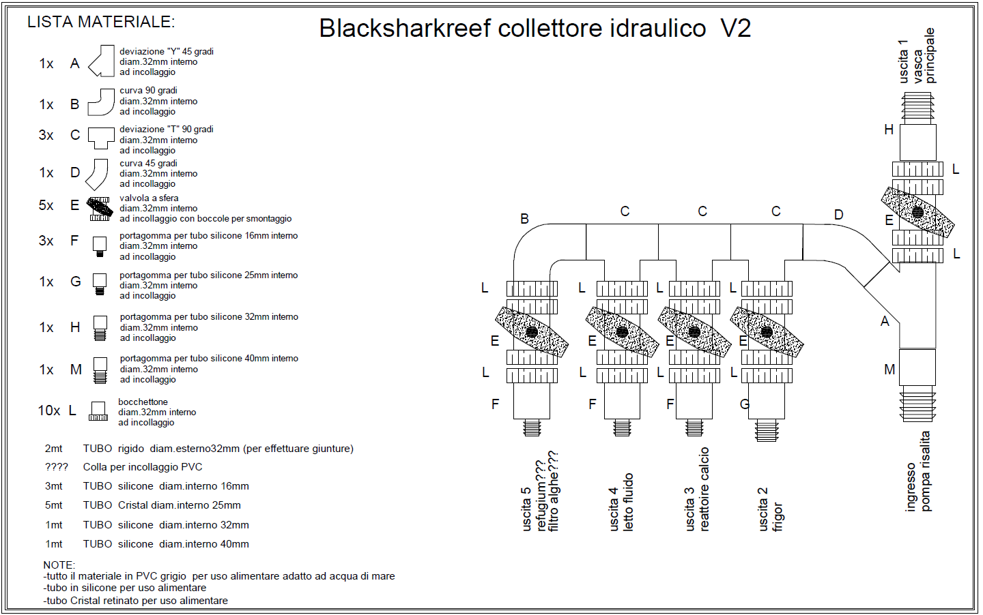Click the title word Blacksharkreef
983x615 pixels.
pyautogui.click(x=405, y=29)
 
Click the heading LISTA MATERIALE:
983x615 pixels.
pyautogui.click(x=101, y=22)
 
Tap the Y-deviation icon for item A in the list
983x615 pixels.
pyautogui.click(x=101, y=61)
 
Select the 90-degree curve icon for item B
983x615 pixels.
pyautogui.click(x=101, y=102)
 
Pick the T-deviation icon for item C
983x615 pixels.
pyautogui.click(x=101, y=138)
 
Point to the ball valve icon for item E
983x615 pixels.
pyautogui.click(x=100, y=209)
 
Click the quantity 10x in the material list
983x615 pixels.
pyautogui.click(x=48, y=410)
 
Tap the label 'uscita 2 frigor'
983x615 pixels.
pyautogui.click(x=771, y=509)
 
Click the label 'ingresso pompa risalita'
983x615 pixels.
pyautogui.click(x=917, y=471)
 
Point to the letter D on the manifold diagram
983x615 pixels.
pyautogui.click(x=838, y=215)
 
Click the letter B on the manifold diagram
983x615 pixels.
pyautogui.click(x=524, y=219)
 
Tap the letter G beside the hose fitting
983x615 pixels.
pyautogui.click(x=745, y=404)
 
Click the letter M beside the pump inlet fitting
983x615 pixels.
pyautogui.click(x=889, y=370)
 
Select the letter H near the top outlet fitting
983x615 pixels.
pyautogui.click(x=889, y=130)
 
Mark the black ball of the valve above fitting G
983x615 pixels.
pyautogui.click(x=767, y=332)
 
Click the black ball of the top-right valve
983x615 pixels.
pyautogui.click(x=917, y=213)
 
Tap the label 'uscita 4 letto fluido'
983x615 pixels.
pyautogui.click(x=621, y=502)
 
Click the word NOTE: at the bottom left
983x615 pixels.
pyautogui.click(x=59, y=565)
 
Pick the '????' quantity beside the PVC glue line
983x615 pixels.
pyautogui.click(x=57, y=467)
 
